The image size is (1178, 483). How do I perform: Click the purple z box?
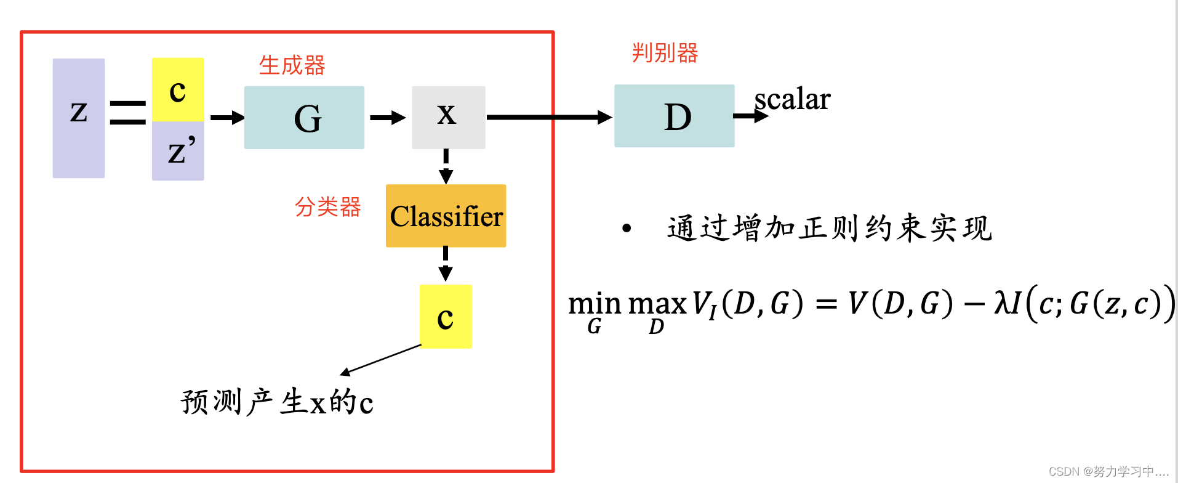tap(79, 118)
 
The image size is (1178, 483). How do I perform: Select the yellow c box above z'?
tap(178, 90)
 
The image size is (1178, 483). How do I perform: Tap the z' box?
tap(178, 151)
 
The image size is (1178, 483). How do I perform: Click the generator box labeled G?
tap(304, 118)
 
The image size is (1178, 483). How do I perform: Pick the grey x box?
tap(448, 117)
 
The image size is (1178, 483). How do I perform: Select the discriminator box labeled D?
tap(674, 116)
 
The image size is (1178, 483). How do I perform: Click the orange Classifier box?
tap(446, 216)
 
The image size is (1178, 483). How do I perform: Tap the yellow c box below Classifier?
tap(446, 317)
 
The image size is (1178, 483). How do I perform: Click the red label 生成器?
tap(292, 65)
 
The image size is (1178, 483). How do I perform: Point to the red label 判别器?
tap(665, 53)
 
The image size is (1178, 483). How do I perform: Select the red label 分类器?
tap(327, 207)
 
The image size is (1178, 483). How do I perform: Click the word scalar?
tap(793, 99)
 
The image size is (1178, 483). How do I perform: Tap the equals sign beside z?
tap(128, 112)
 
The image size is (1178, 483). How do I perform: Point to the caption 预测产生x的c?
tap(277, 402)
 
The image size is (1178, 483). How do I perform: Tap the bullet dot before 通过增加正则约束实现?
tap(627, 229)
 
